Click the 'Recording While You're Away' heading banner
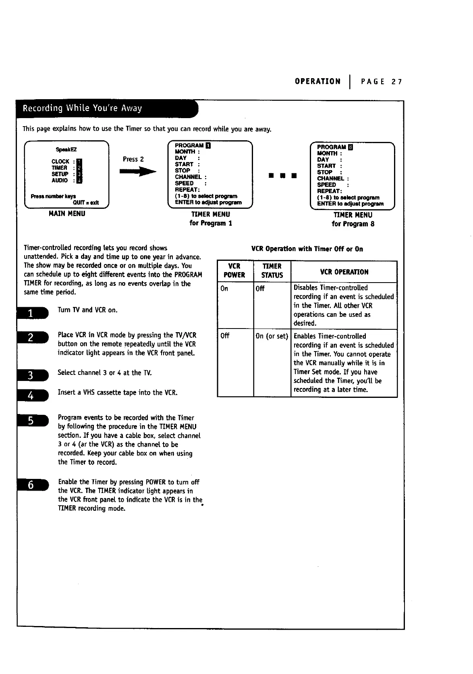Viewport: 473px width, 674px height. [83, 108]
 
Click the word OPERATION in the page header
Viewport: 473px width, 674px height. [317, 81]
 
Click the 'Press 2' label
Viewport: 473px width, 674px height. [133, 159]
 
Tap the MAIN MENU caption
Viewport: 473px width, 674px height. [67, 214]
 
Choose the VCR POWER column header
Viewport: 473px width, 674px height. [234, 271]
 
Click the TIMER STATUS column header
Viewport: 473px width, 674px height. [272, 271]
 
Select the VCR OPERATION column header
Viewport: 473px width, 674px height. [344, 272]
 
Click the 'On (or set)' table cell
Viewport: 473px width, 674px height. [272, 336]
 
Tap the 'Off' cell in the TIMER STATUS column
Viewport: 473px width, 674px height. [260, 288]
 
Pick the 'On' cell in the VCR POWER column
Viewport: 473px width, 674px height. [224, 288]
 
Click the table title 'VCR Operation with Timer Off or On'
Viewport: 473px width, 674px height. [307, 249]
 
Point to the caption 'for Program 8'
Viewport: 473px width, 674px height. [353, 224]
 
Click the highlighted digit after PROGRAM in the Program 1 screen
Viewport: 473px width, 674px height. [207, 146]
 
